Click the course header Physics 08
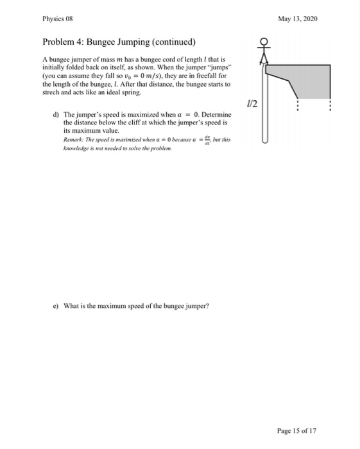tap(57, 19)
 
